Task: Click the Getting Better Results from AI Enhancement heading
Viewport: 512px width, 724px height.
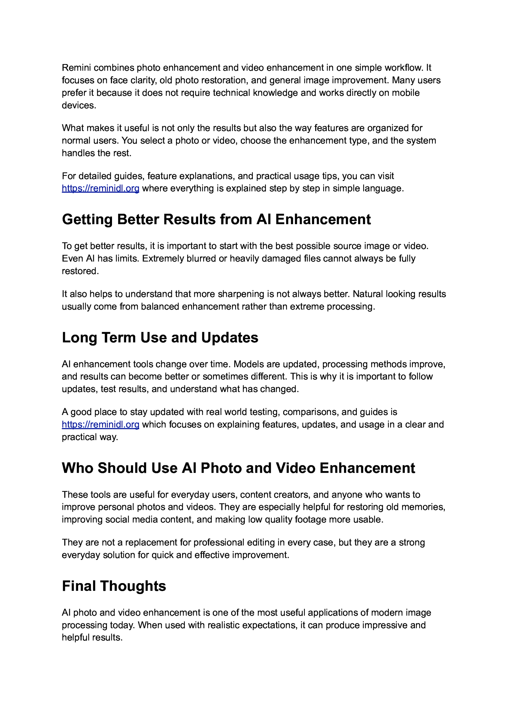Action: click(x=216, y=220)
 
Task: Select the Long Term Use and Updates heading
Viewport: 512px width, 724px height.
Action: click(x=160, y=338)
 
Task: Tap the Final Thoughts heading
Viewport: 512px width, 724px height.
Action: click(x=114, y=586)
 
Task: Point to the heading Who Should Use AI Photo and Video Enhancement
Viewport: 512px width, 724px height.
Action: click(x=238, y=468)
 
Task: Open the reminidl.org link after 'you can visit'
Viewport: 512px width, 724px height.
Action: click(x=100, y=188)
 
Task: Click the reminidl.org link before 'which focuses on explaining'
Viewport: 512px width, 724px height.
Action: click(x=100, y=425)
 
